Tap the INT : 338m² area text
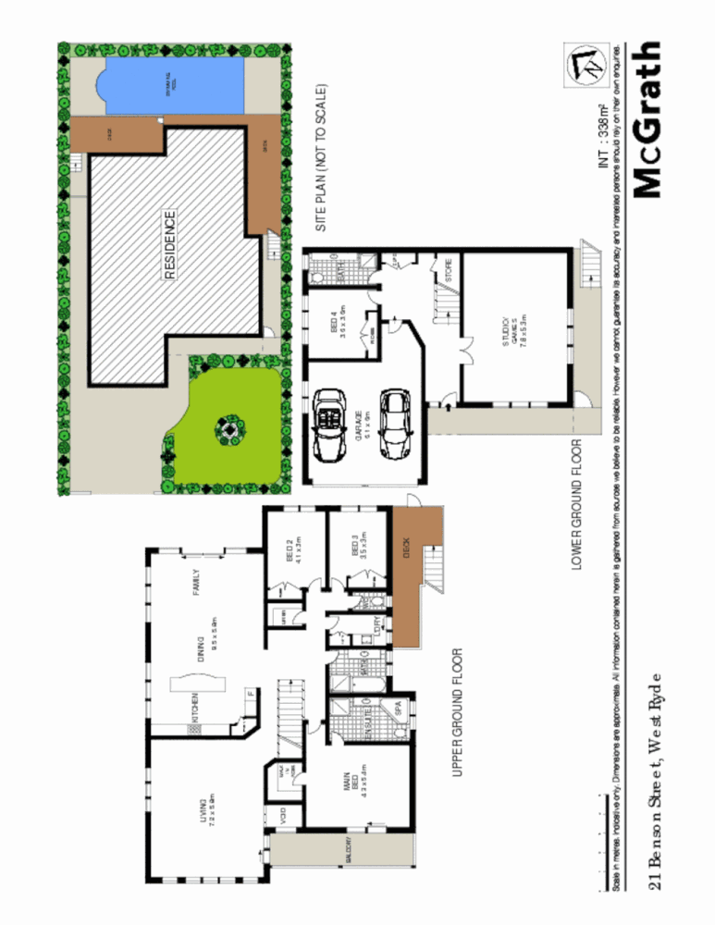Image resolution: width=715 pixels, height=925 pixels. (604, 139)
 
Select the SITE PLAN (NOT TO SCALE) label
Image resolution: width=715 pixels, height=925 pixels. (321, 158)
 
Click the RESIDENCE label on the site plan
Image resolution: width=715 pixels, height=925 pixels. (170, 245)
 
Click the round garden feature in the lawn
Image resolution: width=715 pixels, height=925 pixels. (227, 429)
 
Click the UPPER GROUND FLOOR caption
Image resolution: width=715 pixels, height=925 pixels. (457, 712)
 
